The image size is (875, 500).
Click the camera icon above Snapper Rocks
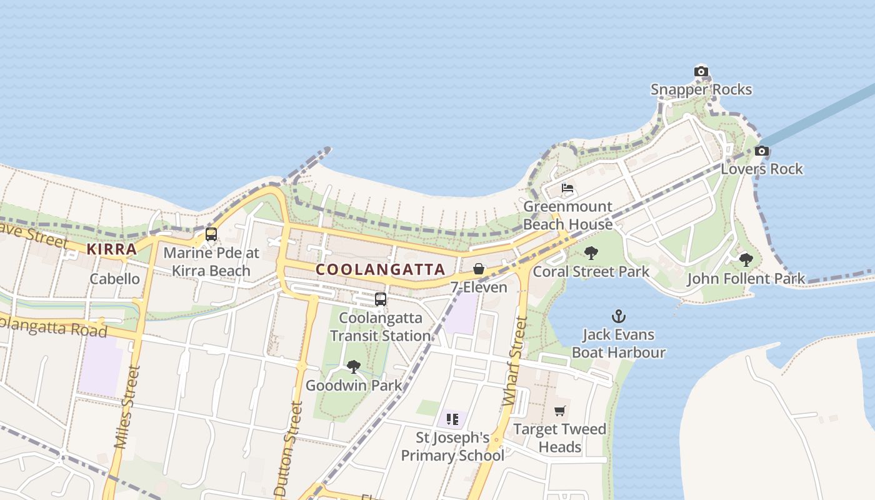click(x=701, y=71)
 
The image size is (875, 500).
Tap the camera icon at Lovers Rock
click(x=761, y=151)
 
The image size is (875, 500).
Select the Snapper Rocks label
click(x=701, y=89)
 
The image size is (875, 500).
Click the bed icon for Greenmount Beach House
click(x=567, y=187)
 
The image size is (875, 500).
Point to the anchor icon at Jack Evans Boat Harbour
click(x=618, y=316)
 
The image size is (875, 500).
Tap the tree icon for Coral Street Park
click(x=591, y=253)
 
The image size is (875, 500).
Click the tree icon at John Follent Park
click(x=746, y=259)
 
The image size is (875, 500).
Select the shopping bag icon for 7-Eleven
click(x=478, y=269)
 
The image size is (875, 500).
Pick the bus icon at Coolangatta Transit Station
click(x=381, y=299)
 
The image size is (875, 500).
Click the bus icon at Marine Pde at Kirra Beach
click(x=211, y=234)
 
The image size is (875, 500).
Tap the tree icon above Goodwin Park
click(x=354, y=367)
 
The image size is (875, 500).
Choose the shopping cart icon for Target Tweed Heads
click(x=559, y=411)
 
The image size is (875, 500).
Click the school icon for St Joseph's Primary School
click(x=452, y=419)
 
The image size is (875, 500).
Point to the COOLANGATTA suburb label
click(x=381, y=270)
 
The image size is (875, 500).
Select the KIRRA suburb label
click(x=111, y=249)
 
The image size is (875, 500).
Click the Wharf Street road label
click(x=515, y=364)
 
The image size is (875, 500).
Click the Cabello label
click(x=115, y=279)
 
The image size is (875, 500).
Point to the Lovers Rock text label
click(x=762, y=169)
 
